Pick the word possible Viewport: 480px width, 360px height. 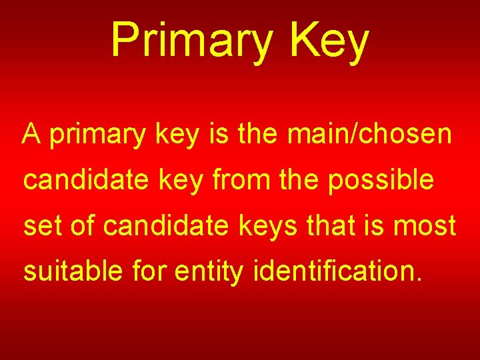[x=381, y=181]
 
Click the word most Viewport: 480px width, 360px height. [x=425, y=226]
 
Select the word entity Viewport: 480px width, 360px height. [x=207, y=272]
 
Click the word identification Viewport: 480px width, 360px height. [x=334, y=271]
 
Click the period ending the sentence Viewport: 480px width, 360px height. [x=419, y=279]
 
